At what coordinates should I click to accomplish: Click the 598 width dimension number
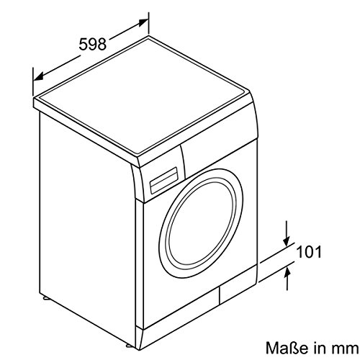(93, 44)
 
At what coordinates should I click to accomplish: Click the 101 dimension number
(309, 252)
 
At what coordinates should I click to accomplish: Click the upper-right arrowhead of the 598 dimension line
(143, 22)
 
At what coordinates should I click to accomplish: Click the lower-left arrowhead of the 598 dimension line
(39, 76)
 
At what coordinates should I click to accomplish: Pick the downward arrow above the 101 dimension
(287, 233)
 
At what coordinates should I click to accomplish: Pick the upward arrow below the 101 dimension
(287, 279)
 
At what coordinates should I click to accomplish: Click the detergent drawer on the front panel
(163, 180)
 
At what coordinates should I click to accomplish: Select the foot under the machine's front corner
(128, 346)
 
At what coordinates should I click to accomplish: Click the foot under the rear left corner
(45, 298)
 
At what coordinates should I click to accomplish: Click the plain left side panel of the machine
(86, 228)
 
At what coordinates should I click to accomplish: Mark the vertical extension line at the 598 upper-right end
(148, 24)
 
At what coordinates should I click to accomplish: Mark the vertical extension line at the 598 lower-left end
(33, 81)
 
